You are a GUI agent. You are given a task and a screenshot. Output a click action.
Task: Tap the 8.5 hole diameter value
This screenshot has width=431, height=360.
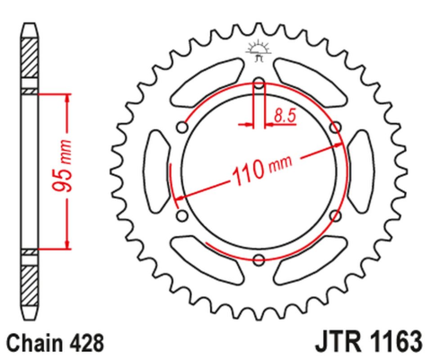(285, 114)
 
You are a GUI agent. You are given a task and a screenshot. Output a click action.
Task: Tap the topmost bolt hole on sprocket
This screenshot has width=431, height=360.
(259, 84)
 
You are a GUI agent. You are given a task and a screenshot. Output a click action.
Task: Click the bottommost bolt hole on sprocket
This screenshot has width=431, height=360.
(259, 260)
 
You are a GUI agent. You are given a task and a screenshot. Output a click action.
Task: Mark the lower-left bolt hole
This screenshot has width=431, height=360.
(182, 216)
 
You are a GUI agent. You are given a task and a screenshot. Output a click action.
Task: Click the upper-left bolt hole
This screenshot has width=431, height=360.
(182, 128)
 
